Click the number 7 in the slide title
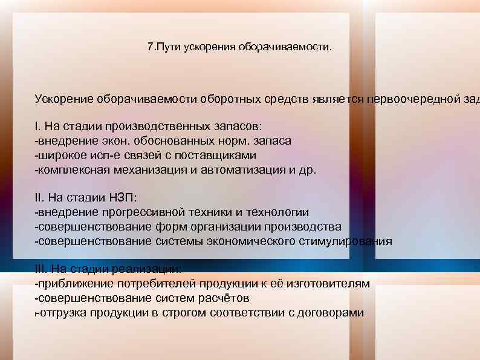point(151,47)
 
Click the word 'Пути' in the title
point(167,47)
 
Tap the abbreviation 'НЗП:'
point(123,198)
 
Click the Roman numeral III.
point(41,269)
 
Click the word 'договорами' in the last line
point(329,313)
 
